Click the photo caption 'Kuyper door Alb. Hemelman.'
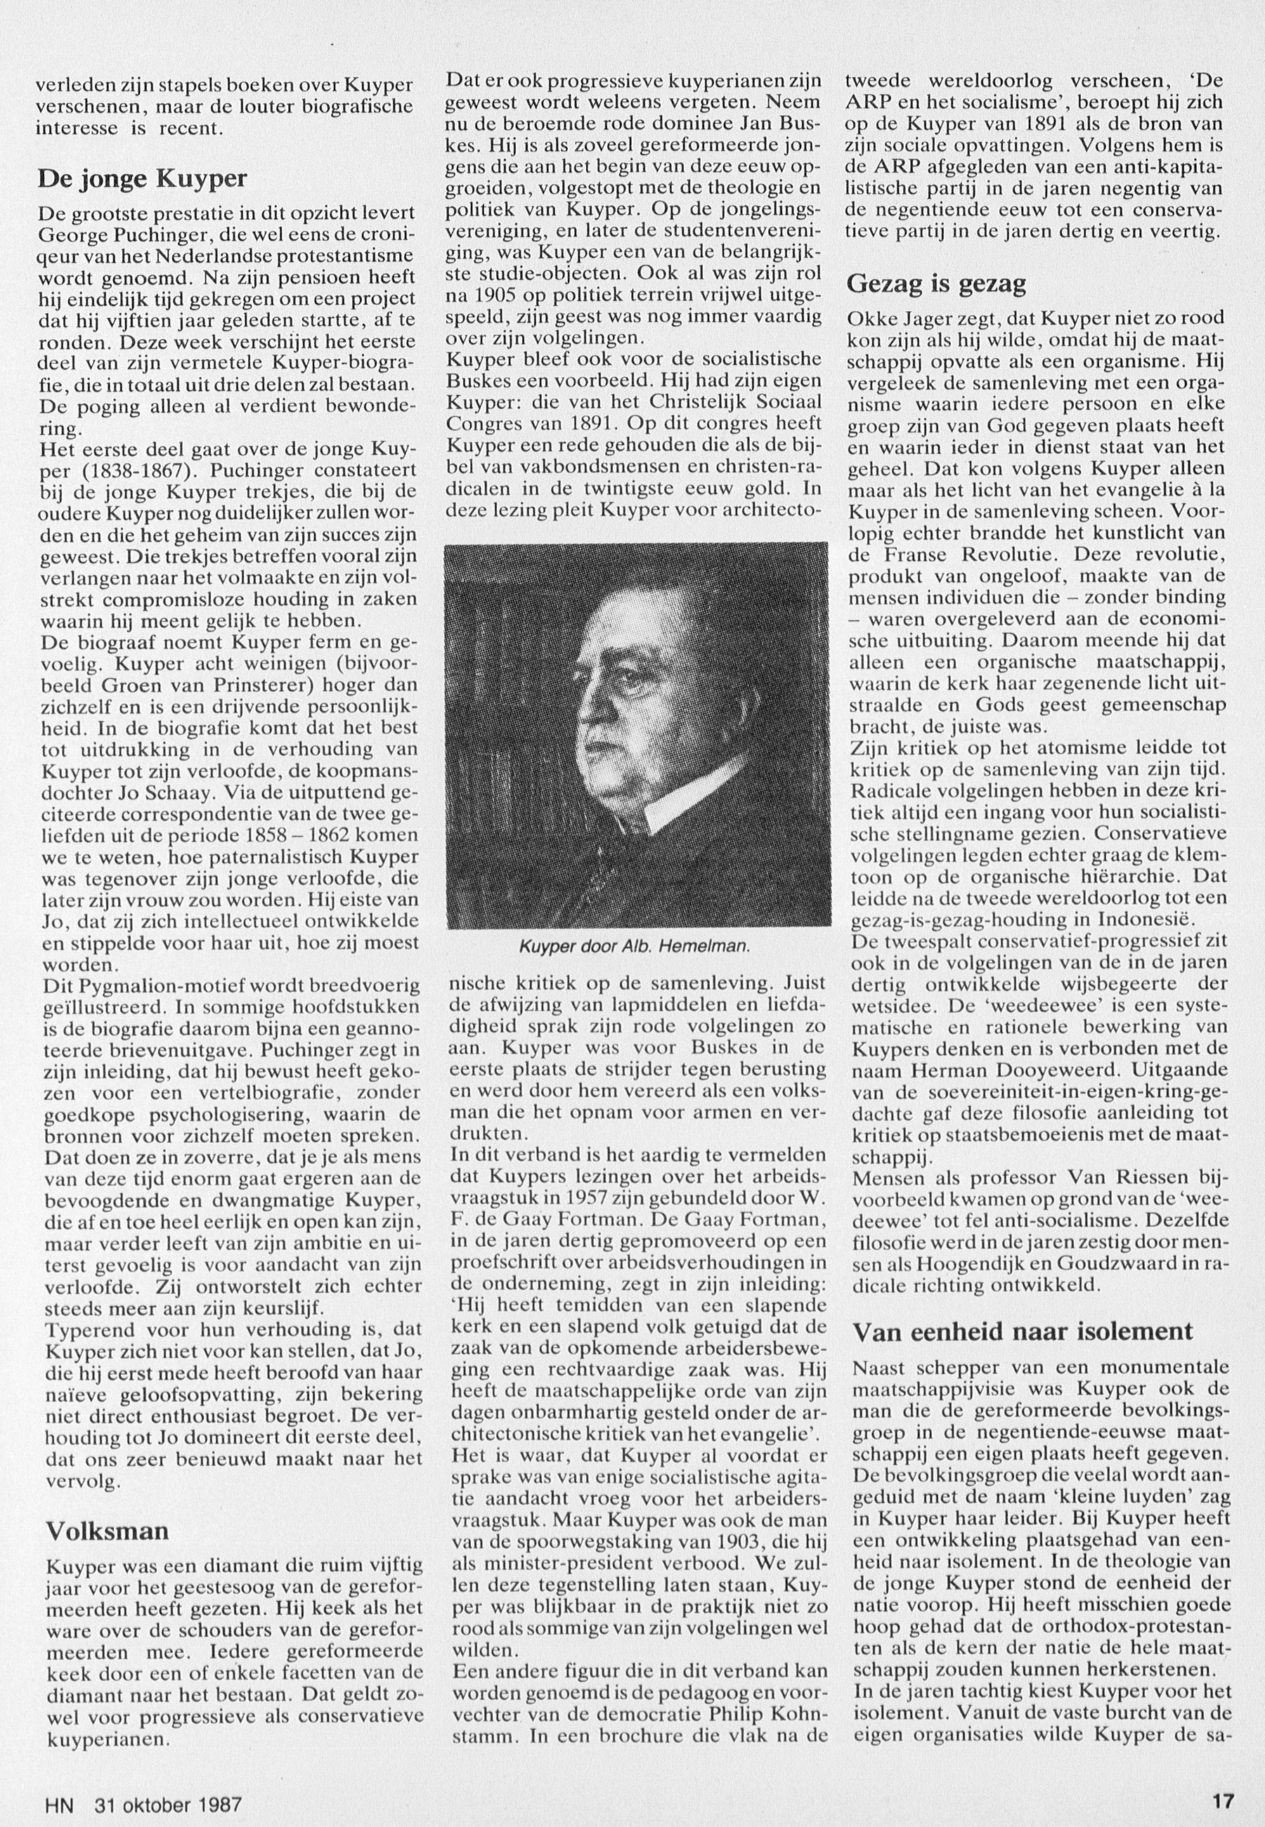click(x=634, y=947)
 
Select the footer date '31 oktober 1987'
click(x=167, y=1800)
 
